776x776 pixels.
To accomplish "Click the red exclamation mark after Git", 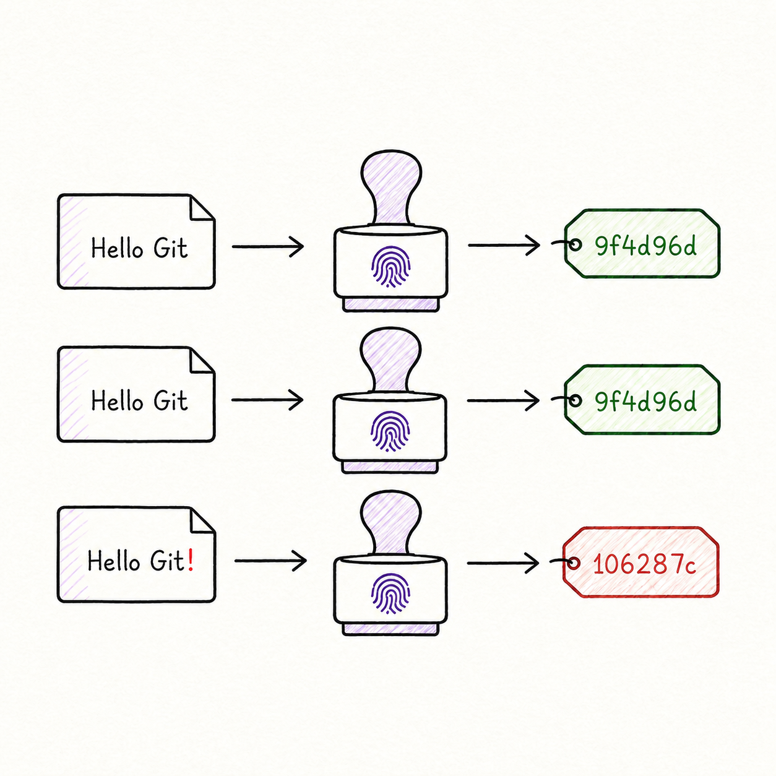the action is point(191,561).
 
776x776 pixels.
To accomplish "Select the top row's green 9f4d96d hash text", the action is point(645,246).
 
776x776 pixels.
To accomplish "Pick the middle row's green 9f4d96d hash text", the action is point(645,402).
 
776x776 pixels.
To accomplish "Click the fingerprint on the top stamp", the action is point(390,266).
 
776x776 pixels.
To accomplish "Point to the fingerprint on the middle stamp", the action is point(390,431).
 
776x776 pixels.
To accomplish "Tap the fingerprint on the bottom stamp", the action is point(390,593).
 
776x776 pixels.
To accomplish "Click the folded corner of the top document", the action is point(200,208).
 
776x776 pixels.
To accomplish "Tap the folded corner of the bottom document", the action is point(200,520).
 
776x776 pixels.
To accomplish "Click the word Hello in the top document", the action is point(117,248).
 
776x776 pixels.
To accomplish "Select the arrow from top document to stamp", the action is point(268,246).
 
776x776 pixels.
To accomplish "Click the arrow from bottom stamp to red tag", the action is point(503,563).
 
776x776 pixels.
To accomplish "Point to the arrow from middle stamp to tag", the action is point(503,400).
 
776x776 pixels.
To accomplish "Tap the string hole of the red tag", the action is point(574,563).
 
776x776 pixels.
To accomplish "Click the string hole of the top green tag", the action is point(576,244).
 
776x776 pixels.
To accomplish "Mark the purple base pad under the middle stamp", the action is point(390,467).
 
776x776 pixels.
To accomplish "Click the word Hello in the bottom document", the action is point(114,561).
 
